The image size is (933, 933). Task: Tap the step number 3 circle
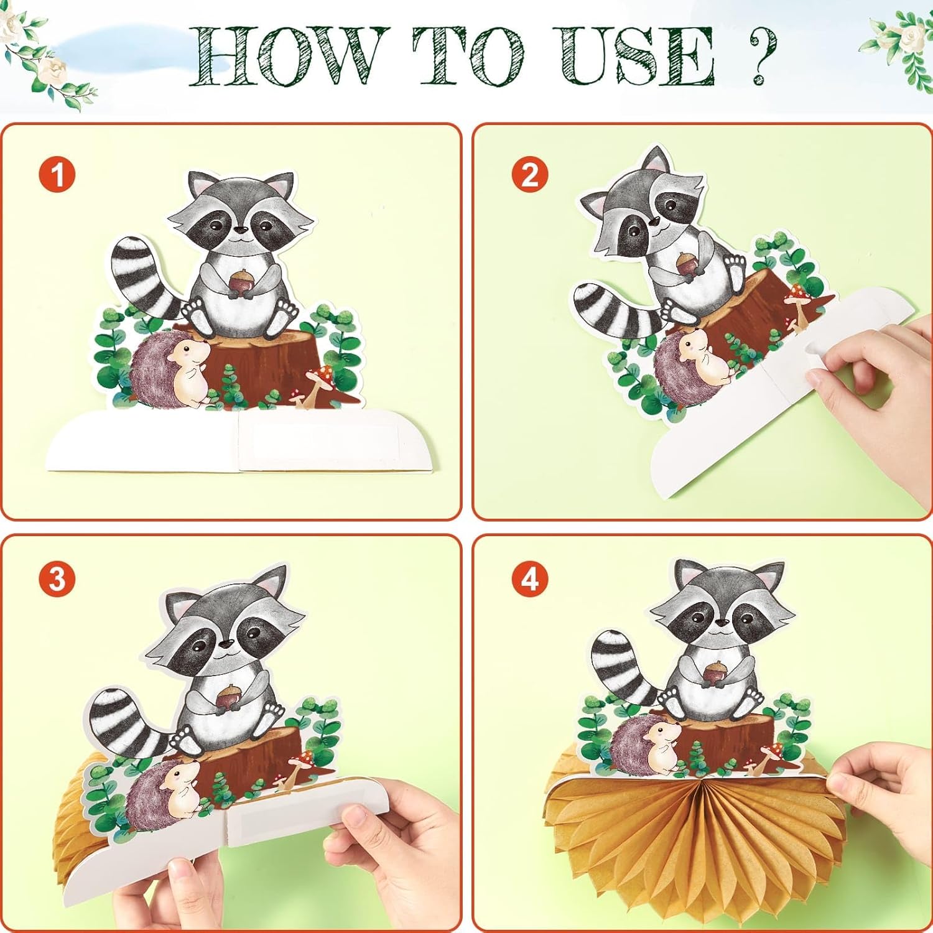[57, 579]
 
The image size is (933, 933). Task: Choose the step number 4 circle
[530, 579]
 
